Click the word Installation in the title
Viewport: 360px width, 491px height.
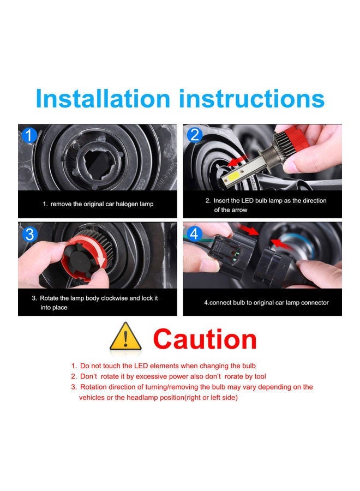click(103, 99)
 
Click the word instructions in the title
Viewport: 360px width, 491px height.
click(252, 99)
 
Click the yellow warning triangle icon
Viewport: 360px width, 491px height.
click(126, 337)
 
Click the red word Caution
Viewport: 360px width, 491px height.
click(205, 339)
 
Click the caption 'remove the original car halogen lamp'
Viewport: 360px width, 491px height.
click(99, 204)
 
